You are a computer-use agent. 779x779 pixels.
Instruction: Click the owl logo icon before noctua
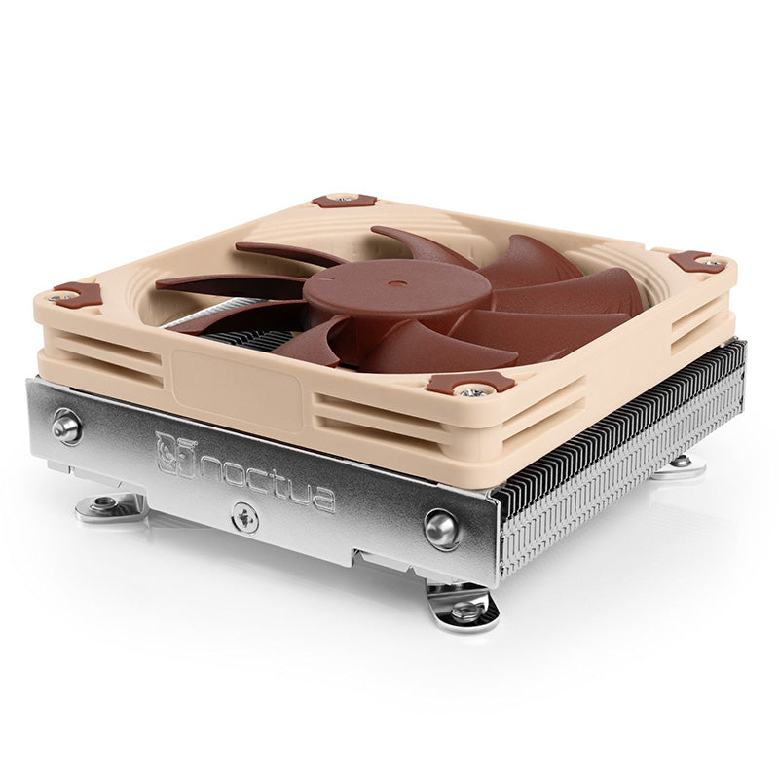175,453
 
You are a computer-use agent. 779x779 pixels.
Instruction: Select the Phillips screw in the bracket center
244,517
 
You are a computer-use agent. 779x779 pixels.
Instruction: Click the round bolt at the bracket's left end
67,426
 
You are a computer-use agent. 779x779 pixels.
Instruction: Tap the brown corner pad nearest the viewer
471,383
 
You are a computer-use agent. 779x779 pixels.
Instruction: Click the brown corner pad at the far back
344,200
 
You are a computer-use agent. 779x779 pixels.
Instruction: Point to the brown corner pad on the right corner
694,260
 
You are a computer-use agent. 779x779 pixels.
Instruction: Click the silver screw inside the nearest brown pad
473,389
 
